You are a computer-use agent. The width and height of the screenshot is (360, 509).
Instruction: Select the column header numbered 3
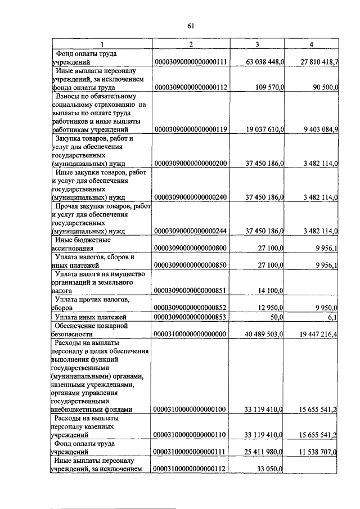tap(256, 44)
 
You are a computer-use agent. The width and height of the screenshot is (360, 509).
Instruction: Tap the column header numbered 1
tap(102, 44)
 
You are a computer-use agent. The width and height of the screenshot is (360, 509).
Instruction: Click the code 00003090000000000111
tap(190, 62)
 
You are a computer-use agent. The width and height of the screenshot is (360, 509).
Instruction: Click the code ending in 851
tap(190, 290)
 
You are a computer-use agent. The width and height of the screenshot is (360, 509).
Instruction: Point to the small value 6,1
tap(332, 317)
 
